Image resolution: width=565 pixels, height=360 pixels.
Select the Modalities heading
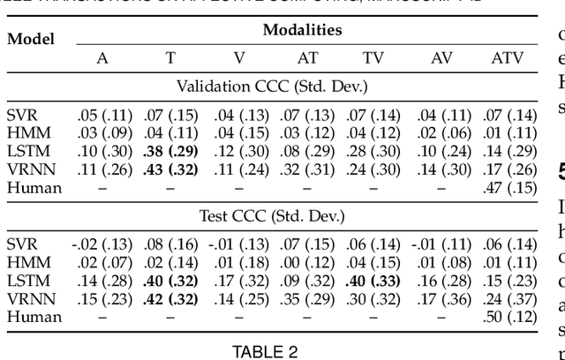coord(303,30)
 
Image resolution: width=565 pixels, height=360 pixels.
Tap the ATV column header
coord(507,57)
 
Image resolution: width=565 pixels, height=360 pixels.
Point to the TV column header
coord(373,57)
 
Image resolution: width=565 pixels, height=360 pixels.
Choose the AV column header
coord(439,57)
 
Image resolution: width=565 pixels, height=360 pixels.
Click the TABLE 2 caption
coord(264,351)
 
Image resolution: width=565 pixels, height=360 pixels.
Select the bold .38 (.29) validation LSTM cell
coord(170,152)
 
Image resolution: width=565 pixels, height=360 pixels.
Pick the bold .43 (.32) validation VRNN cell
coord(170,170)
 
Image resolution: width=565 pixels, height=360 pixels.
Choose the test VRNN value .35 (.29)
coord(304,298)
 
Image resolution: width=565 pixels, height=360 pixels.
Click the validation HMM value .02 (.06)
coord(439,133)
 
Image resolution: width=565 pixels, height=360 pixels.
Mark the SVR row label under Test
coord(21,243)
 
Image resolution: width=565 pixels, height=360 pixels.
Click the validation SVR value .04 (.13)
coord(239,115)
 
